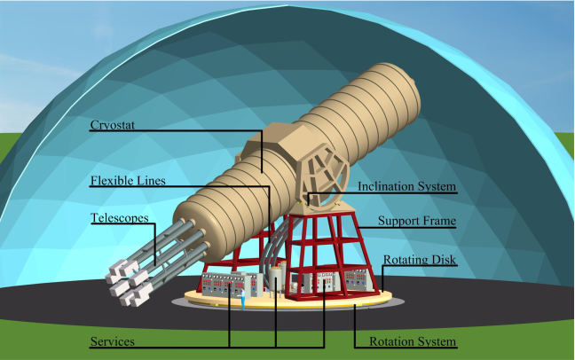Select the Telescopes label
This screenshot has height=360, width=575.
pos(119,217)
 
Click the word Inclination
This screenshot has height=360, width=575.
pos(387,187)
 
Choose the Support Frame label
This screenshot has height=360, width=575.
pos(417,221)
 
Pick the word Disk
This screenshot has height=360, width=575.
pos(441,261)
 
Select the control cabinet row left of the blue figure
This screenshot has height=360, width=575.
pos(217,286)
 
